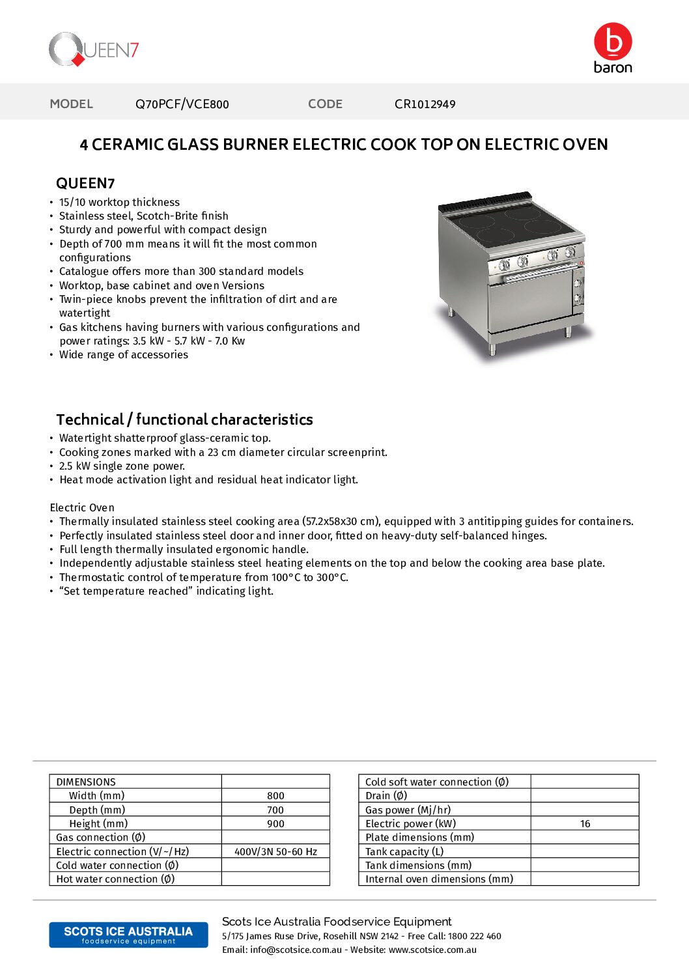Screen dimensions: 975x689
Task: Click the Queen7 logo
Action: [94, 49]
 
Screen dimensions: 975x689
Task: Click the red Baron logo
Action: [613, 48]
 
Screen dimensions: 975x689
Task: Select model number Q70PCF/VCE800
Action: [182, 104]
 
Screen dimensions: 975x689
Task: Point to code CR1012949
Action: [425, 104]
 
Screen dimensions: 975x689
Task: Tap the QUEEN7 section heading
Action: [85, 184]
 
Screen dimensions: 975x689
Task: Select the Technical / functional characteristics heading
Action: [184, 419]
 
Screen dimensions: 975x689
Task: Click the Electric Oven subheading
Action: [82, 507]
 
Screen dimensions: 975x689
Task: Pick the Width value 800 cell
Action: [275, 796]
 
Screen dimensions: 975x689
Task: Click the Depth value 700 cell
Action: [275, 810]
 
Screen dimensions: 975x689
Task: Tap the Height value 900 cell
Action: [275, 824]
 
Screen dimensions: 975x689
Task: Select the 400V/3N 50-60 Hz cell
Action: [275, 852]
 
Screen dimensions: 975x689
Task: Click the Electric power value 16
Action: [585, 824]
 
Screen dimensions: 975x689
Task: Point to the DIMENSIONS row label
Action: [86, 782]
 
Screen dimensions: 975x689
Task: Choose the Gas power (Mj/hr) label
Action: [408, 810]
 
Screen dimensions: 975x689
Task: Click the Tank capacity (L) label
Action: [404, 852]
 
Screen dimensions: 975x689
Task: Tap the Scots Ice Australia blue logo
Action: [128, 935]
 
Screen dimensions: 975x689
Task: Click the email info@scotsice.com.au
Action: [296, 950]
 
